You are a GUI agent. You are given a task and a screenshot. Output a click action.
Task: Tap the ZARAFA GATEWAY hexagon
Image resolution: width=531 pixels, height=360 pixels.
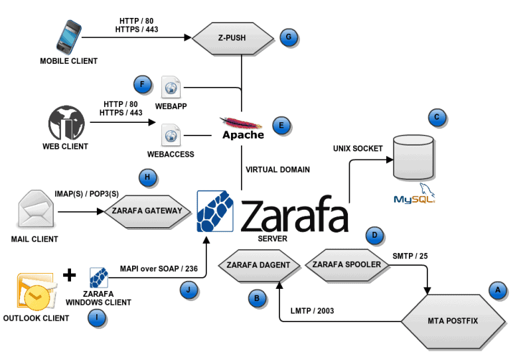tap(148, 212)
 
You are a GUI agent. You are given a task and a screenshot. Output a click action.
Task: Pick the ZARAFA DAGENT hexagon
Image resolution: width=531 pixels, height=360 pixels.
tap(258, 265)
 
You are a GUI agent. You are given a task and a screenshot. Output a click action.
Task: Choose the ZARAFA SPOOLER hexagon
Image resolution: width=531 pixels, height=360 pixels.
tap(346, 264)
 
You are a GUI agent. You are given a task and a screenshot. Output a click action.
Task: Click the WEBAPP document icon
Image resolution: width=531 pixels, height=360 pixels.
tap(171, 87)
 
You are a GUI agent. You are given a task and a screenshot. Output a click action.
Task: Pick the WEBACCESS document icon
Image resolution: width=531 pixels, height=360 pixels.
tap(171, 136)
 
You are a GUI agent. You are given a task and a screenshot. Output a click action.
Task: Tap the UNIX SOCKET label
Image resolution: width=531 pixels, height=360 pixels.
tap(358, 148)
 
